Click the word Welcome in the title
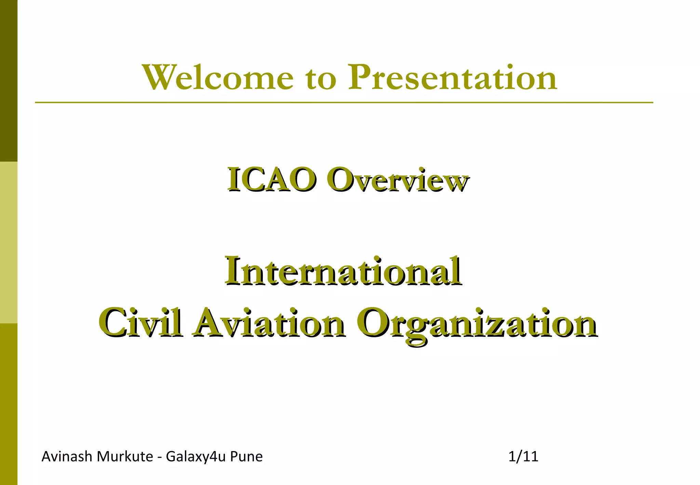pos(218,78)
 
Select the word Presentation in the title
pos(452,78)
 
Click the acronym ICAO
pos(271,180)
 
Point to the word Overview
pos(397,181)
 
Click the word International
pos(343,272)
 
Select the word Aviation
pos(268,323)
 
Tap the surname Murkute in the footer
pos(125,457)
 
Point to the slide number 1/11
pos(523,457)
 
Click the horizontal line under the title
pos(344,102)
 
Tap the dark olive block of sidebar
pos(9,80)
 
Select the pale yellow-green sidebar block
pos(9,242)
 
